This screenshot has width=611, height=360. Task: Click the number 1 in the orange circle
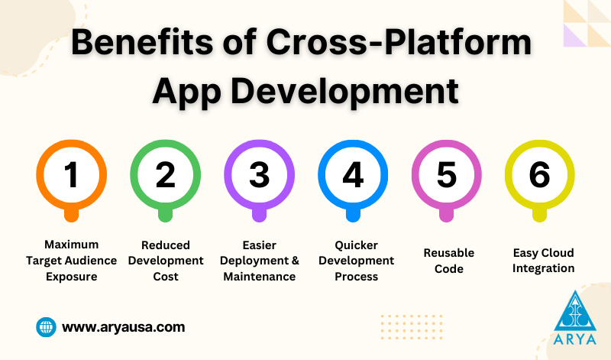(x=71, y=174)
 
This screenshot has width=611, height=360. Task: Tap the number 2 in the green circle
(x=165, y=174)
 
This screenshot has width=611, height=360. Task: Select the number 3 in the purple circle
(x=259, y=175)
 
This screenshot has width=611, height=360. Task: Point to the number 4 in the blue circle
(x=353, y=174)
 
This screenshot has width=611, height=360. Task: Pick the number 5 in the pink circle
(x=447, y=175)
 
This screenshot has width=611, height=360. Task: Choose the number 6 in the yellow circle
(x=540, y=175)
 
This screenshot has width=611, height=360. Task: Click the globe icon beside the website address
(x=46, y=327)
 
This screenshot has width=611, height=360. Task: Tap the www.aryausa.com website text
(x=123, y=327)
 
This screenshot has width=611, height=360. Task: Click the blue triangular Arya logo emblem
(x=575, y=311)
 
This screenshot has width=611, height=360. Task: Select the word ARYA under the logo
(x=575, y=339)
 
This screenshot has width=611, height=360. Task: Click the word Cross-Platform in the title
(x=399, y=42)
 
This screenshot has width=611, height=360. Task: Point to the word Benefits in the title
(x=142, y=42)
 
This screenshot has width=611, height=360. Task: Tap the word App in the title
(x=186, y=92)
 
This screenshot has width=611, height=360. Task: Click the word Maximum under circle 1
(x=71, y=245)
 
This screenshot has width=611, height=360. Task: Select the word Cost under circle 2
(x=166, y=277)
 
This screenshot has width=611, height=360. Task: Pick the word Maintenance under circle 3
(x=260, y=277)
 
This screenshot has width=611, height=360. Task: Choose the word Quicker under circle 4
(x=356, y=245)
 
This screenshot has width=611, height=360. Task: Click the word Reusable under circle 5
(x=449, y=253)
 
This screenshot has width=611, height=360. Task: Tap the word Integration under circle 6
(x=543, y=269)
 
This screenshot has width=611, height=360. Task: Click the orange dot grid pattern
(x=412, y=327)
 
